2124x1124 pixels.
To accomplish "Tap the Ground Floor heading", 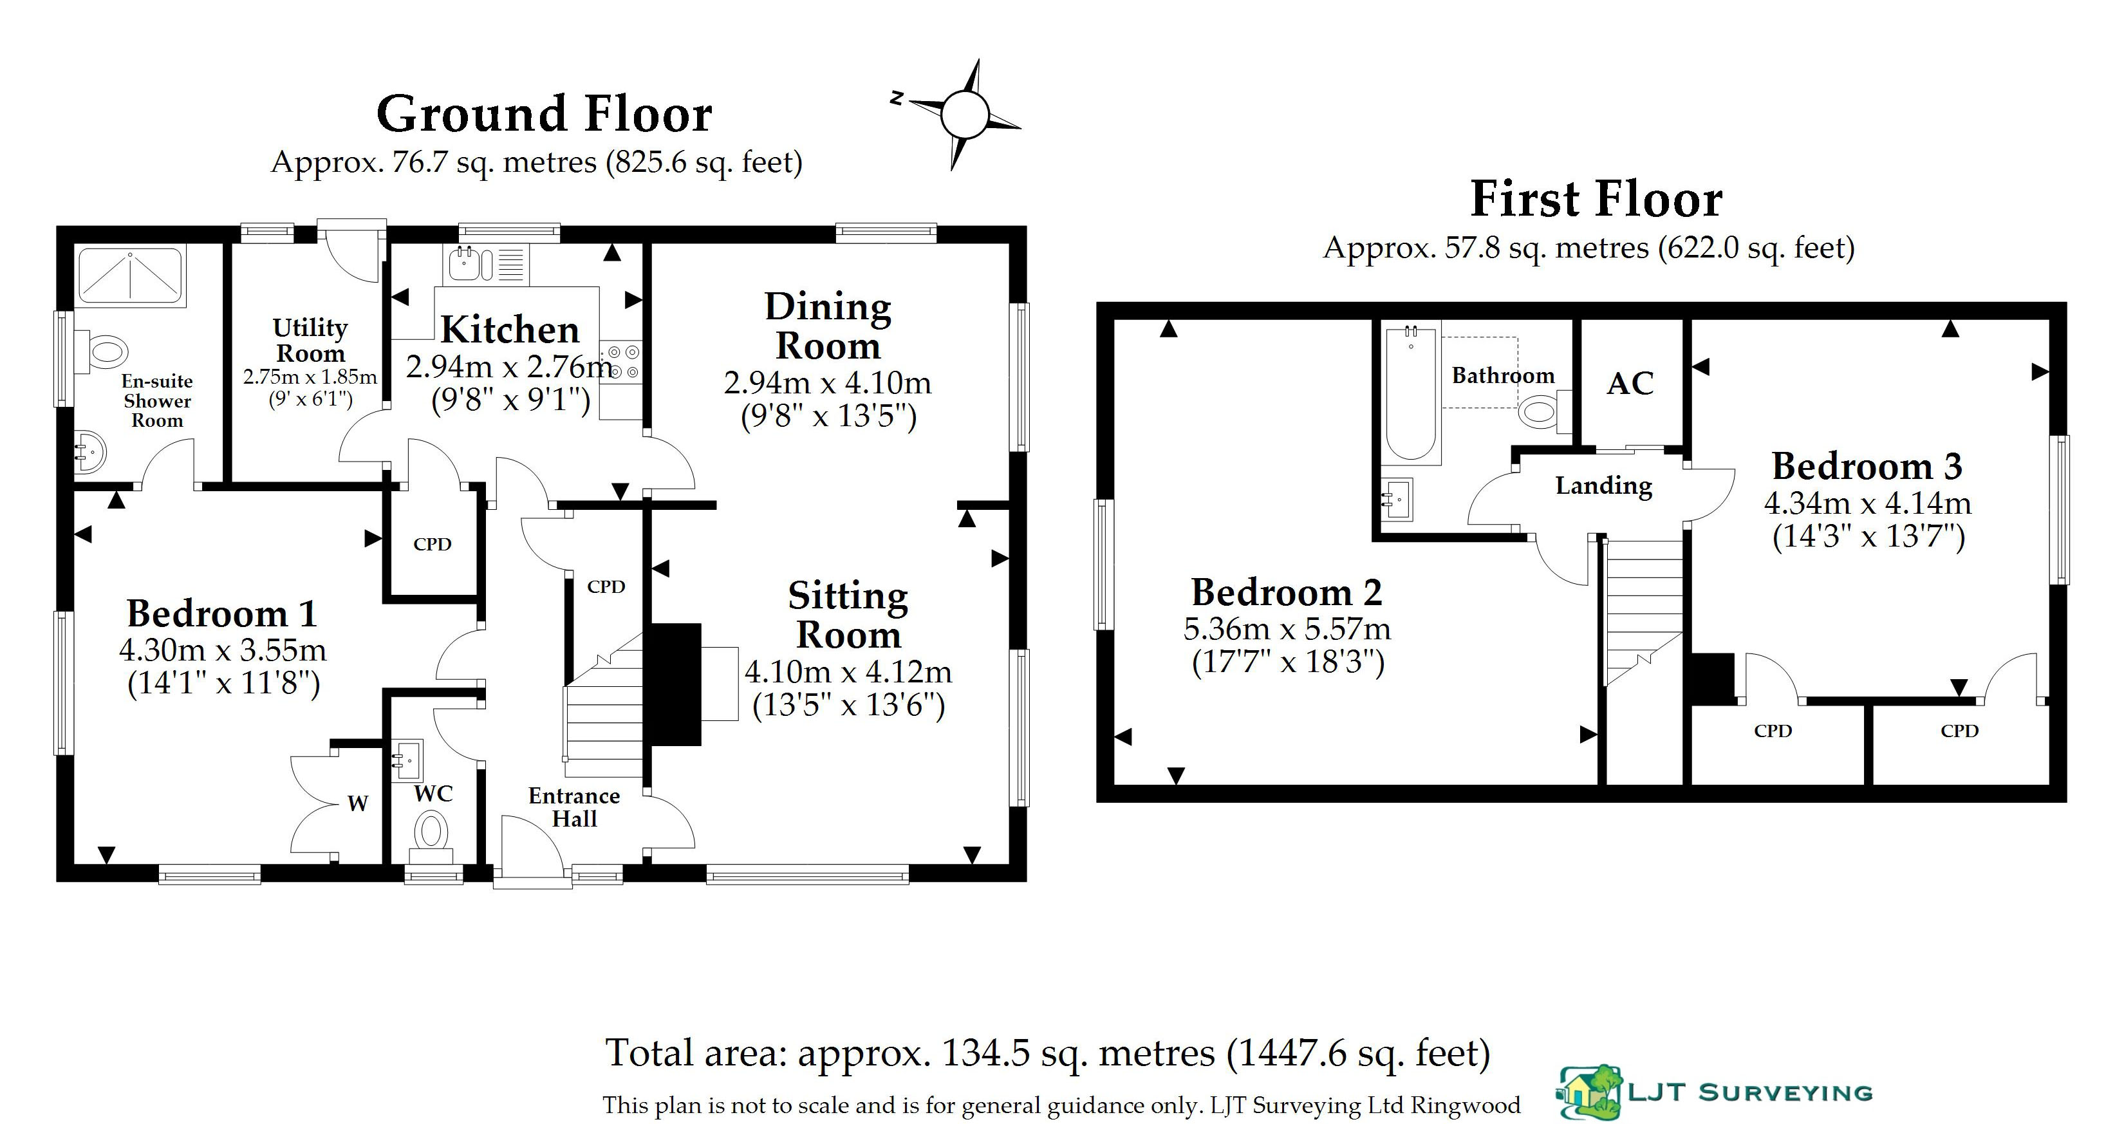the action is pyautogui.click(x=544, y=114).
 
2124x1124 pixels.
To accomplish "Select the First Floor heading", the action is pyautogui.click(x=1596, y=200).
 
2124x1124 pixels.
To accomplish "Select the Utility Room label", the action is pyautogui.click(x=310, y=340).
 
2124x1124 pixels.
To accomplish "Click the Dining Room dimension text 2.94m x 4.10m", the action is pyautogui.click(x=828, y=382).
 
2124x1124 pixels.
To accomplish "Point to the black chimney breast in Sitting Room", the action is pyautogui.click(x=676, y=684).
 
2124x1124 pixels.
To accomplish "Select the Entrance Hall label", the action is pyautogui.click(x=574, y=807).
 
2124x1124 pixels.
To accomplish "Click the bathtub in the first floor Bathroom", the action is pyautogui.click(x=1412, y=393).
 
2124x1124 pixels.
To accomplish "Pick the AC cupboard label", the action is pyautogui.click(x=1630, y=384).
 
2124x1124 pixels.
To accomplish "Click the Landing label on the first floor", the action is pyautogui.click(x=1604, y=486).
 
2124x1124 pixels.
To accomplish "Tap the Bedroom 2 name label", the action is pyautogui.click(x=1286, y=592).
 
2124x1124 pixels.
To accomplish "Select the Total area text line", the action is pyautogui.click(x=1048, y=1053).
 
